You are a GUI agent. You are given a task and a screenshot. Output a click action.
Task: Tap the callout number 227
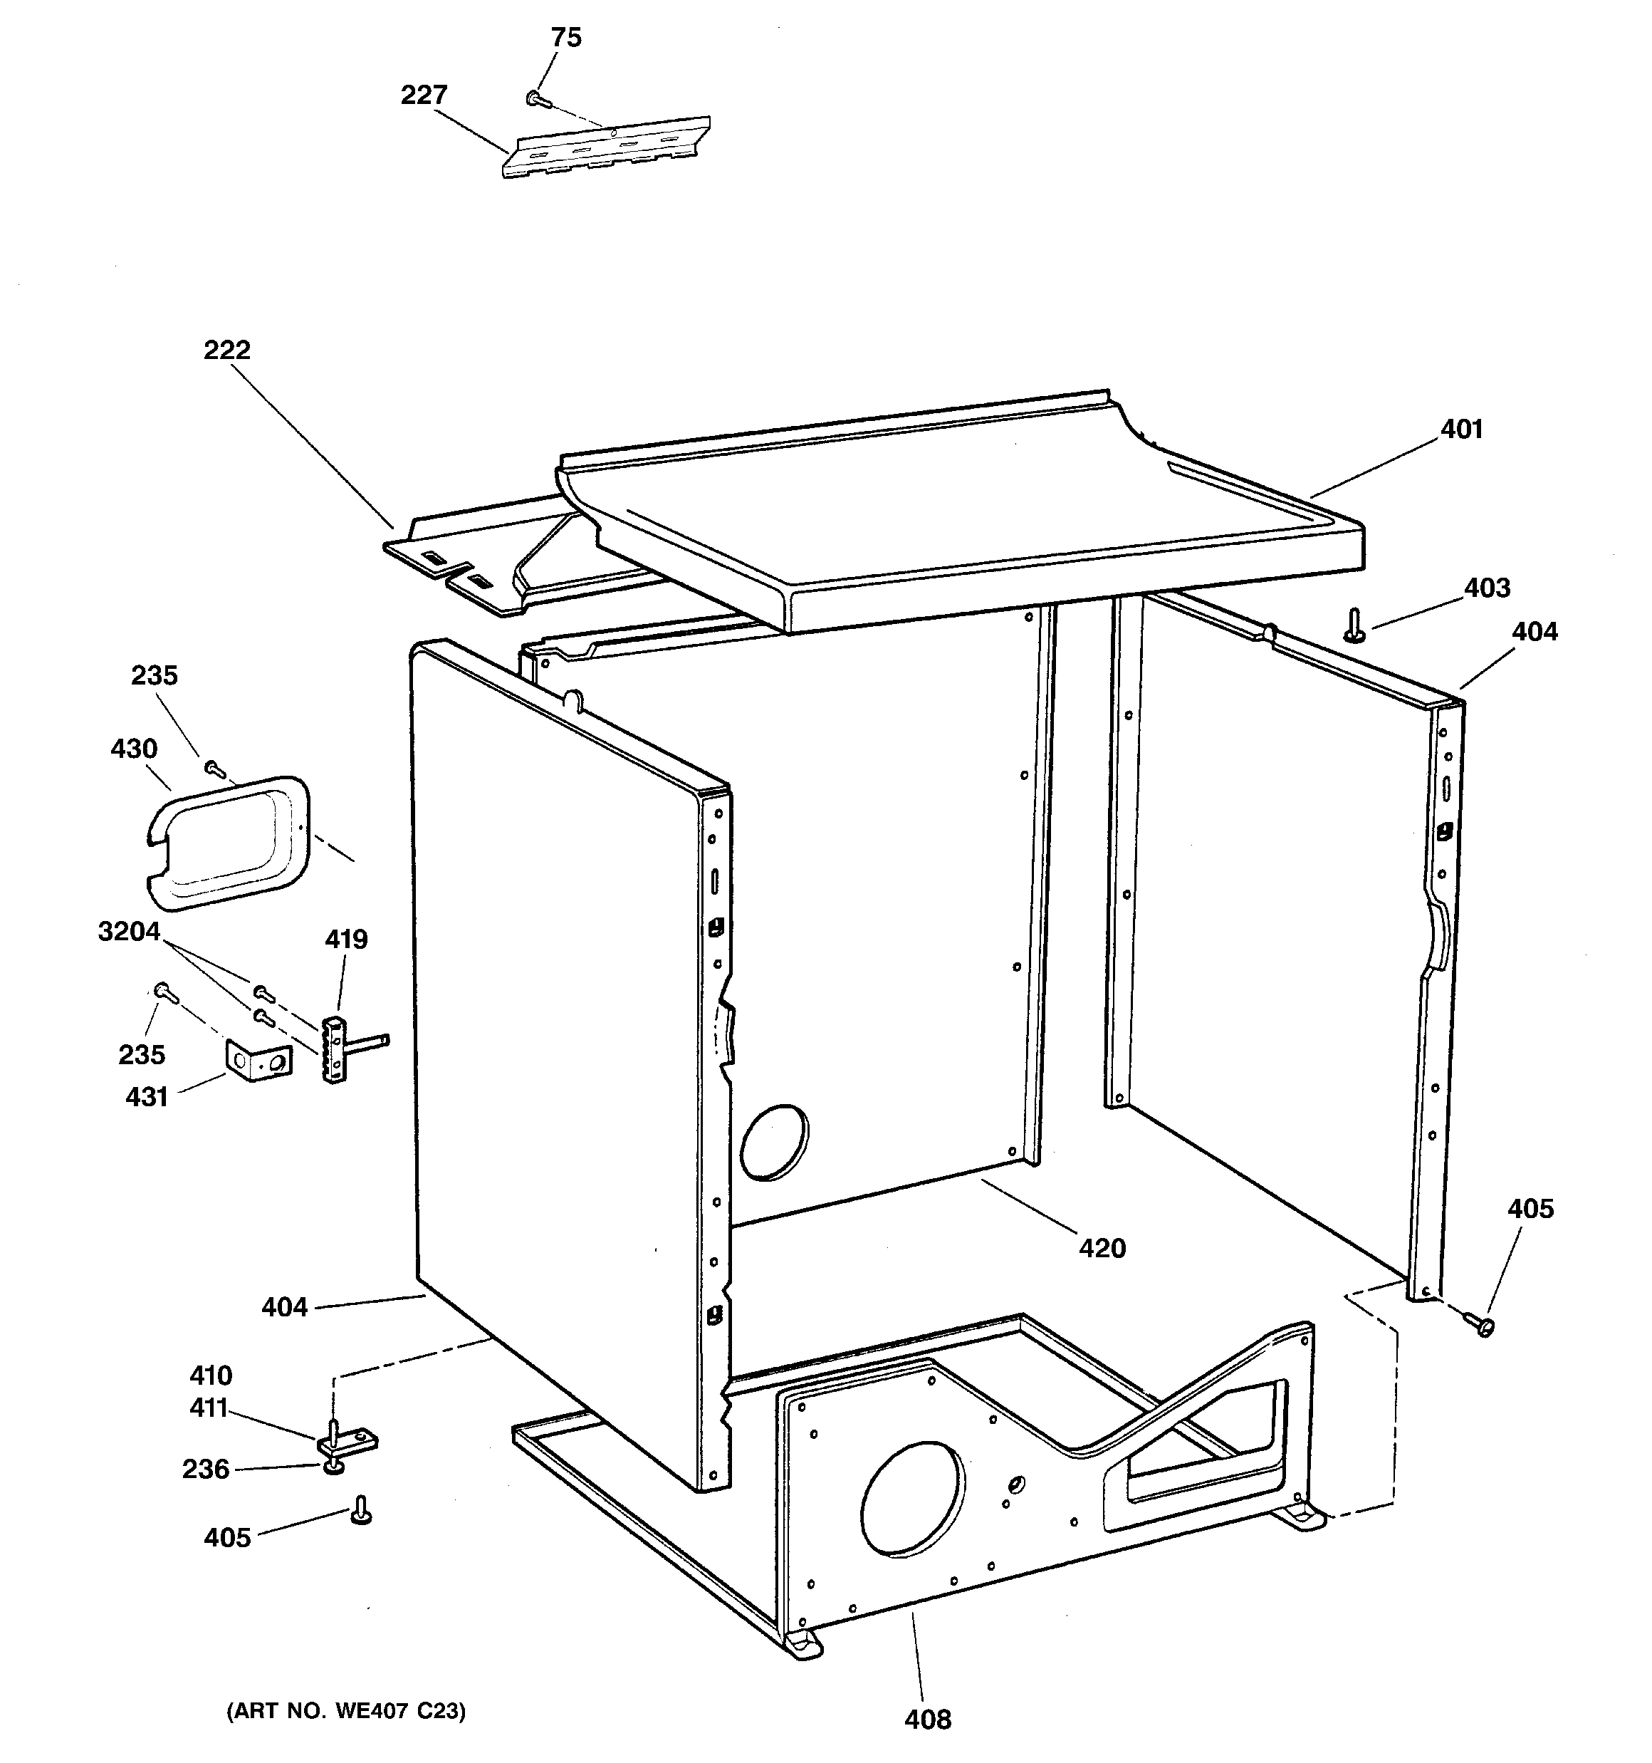pos(424,95)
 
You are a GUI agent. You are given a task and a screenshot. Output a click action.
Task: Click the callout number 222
pos(227,350)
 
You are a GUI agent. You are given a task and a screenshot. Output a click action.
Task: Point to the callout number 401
pos(1461,430)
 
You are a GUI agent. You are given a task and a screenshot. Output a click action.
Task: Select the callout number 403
pos(1487,588)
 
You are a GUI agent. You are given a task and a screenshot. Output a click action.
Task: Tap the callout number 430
pos(134,749)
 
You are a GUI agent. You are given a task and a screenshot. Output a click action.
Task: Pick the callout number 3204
pos(130,932)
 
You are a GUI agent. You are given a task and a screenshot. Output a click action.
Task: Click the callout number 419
pos(346,939)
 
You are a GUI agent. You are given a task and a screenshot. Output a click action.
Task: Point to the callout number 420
pos(1102,1249)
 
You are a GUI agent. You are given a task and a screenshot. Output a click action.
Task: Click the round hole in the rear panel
pos(774,1143)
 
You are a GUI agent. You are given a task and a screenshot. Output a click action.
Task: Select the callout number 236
pos(206,1470)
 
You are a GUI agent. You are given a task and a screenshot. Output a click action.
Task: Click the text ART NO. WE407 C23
pos(346,1711)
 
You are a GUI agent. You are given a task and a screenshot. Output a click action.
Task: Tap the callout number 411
pos(209,1408)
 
